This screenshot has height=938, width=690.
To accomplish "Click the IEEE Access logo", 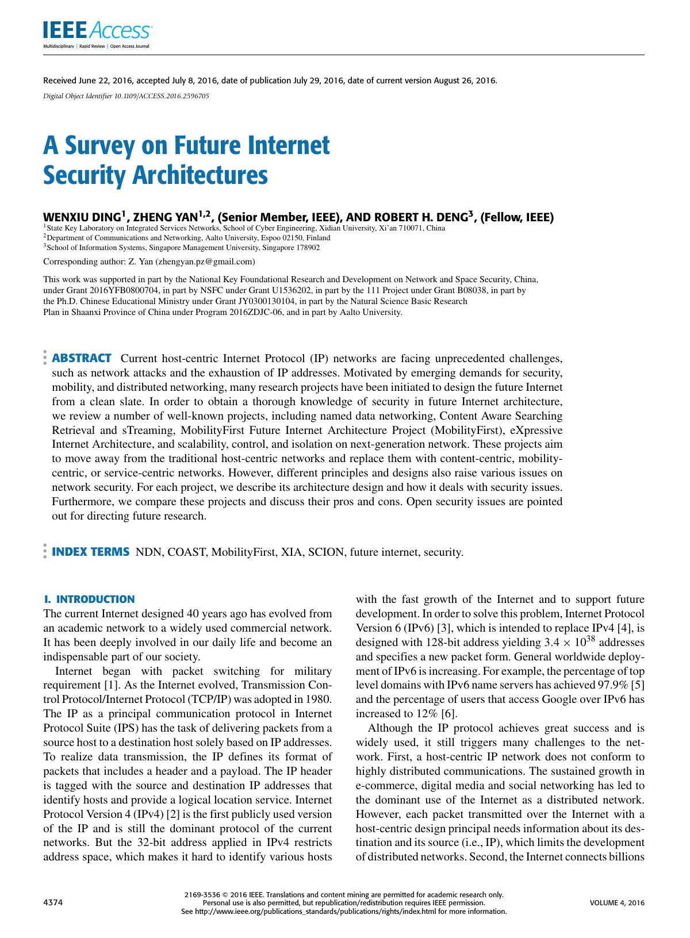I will point(97,31).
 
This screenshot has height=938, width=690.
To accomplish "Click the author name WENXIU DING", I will point(82,217).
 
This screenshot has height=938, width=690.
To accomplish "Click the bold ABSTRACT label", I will point(82,359).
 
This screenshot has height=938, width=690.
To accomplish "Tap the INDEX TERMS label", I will point(90,552).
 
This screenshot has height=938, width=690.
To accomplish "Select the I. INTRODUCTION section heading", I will point(89,599).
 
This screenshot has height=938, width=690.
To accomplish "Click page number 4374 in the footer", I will point(53,902).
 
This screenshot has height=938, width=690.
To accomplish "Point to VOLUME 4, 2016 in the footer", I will point(617,902).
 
